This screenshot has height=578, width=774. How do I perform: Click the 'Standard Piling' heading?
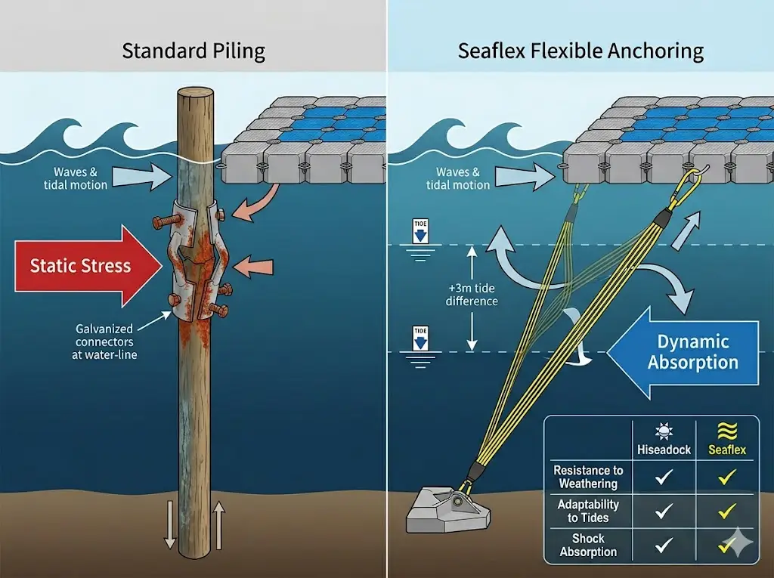click(x=193, y=51)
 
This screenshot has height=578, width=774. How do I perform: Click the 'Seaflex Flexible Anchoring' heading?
click(x=580, y=51)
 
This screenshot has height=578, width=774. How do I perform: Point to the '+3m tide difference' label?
click(x=472, y=294)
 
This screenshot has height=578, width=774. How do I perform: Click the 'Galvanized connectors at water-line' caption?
click(x=104, y=342)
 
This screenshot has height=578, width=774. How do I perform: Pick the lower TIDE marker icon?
click(x=421, y=338)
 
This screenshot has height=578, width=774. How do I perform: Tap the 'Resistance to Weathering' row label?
click(x=588, y=477)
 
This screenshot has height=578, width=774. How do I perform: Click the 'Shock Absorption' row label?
click(x=588, y=545)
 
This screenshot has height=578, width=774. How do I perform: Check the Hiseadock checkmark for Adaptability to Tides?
click(x=664, y=512)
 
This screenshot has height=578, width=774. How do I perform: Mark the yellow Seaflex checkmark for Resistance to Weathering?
click(x=727, y=477)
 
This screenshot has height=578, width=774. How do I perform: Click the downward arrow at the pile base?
click(x=170, y=523)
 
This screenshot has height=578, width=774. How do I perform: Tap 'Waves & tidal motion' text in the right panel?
click(x=458, y=178)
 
